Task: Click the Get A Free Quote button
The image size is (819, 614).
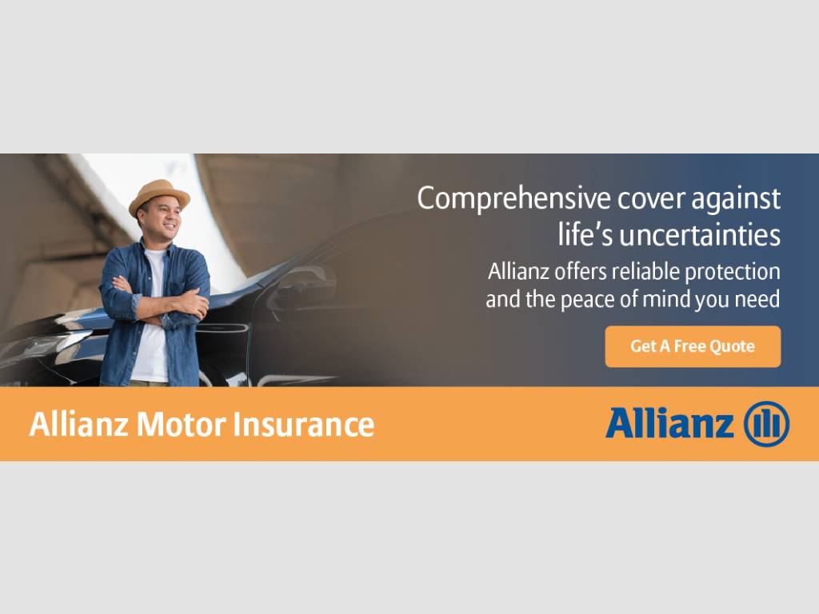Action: [x=693, y=346]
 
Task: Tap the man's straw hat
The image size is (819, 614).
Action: [x=159, y=195]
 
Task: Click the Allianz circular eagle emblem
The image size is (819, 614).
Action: [x=766, y=424]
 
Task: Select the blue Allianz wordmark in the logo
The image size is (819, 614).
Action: [x=669, y=423]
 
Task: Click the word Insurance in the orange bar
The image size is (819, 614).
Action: [x=303, y=425]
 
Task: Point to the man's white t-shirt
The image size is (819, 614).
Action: [x=151, y=352]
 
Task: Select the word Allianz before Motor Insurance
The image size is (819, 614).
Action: [x=79, y=425]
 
